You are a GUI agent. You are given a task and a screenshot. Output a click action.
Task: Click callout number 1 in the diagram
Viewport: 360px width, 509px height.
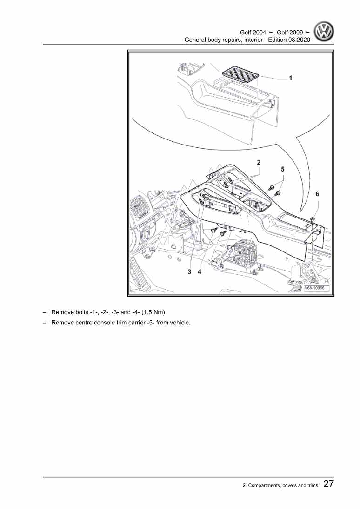pos(291,79)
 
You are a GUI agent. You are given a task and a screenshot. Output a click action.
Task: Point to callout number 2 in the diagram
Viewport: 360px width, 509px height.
pos(259,163)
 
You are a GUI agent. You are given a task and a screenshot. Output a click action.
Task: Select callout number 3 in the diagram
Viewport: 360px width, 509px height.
pos(189,272)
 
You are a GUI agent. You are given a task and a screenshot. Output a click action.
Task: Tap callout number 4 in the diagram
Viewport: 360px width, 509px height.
pos(200,272)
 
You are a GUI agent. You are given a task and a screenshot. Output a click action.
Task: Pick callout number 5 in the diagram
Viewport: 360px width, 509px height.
pos(282,170)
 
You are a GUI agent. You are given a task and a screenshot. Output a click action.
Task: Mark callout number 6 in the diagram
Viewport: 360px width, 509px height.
pos(317,194)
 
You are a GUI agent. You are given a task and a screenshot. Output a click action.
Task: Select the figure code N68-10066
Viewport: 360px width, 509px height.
pos(316,289)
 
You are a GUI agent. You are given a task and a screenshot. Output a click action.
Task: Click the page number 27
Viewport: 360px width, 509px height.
pos(328,484)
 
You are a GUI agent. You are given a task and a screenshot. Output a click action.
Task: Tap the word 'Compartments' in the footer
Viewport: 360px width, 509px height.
pos(270,486)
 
